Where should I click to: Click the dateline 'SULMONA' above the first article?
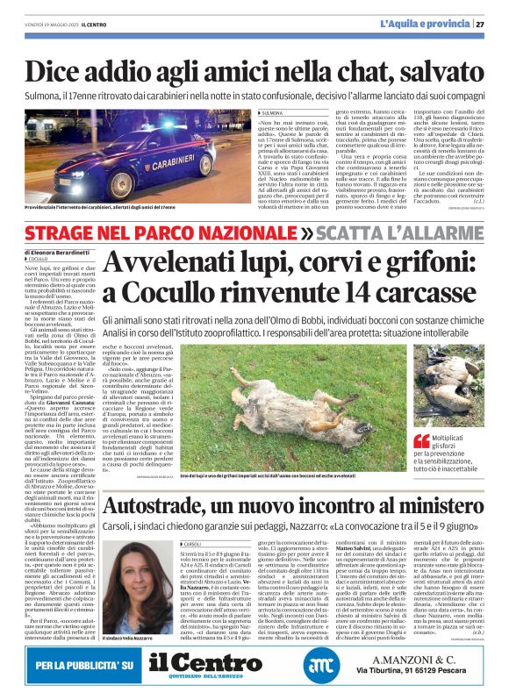pyautogui.click(x=272, y=113)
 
